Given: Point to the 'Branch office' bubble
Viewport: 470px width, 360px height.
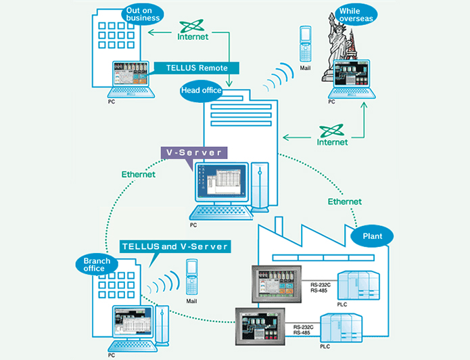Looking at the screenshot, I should click(x=94, y=264).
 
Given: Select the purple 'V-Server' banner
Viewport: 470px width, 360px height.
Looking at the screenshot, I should click(x=191, y=153).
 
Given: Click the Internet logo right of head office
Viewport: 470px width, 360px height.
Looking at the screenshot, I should click(x=332, y=135).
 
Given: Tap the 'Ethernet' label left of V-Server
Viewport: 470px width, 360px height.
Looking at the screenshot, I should click(x=138, y=174).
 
